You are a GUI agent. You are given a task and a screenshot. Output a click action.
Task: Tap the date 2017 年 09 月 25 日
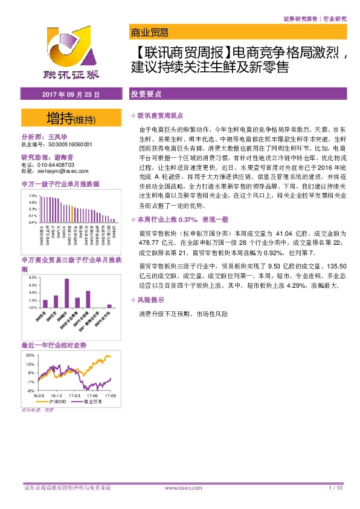click(70, 95)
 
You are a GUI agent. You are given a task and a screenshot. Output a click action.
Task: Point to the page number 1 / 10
click(335, 487)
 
